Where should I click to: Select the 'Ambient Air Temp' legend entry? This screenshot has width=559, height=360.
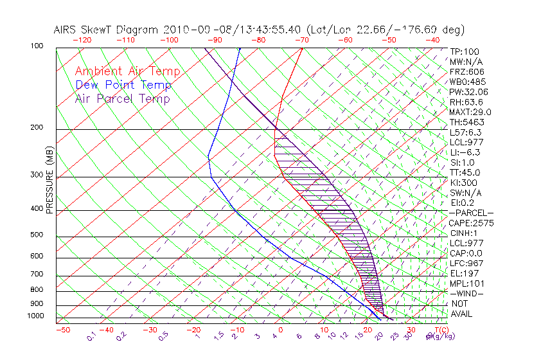[127, 71]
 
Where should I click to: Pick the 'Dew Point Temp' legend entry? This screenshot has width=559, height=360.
[123, 85]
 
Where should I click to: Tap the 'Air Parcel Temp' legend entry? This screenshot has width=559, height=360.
[123, 98]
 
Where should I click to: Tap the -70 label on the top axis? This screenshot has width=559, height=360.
[300, 40]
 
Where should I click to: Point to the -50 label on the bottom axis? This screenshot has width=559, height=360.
[62, 330]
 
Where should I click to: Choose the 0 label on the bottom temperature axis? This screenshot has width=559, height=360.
[281, 330]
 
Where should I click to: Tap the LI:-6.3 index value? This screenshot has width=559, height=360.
[465, 152]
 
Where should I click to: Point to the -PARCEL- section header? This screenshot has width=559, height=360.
[472, 213]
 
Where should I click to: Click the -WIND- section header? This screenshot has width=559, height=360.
[467, 293]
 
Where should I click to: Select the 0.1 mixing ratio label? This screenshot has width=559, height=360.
[92, 336]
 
